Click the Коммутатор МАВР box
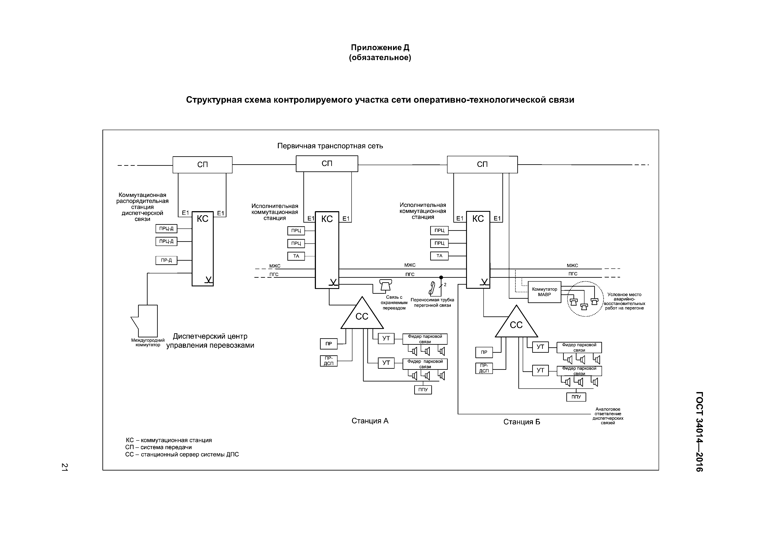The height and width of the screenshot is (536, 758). click(544, 292)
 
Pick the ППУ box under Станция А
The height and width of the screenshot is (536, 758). click(423, 390)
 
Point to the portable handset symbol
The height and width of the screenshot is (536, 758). click(432, 288)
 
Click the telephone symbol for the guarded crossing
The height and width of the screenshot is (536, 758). click(385, 285)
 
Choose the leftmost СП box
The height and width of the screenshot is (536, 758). click(202, 164)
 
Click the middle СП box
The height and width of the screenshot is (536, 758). click(327, 163)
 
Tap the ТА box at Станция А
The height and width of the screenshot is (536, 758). click(296, 256)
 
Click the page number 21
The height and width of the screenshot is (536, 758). click(65, 467)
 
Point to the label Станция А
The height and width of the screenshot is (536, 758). click(370, 421)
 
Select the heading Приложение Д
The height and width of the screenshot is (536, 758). click(380, 48)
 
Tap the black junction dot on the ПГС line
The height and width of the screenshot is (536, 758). click(441, 278)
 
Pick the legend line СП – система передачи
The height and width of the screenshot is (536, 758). click(158, 447)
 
